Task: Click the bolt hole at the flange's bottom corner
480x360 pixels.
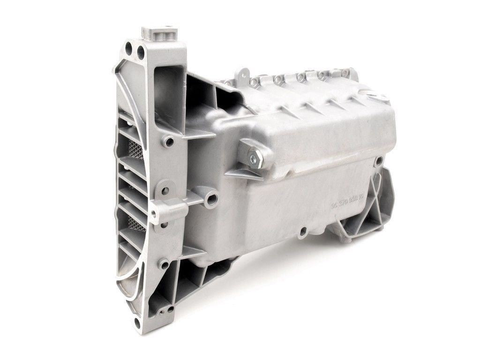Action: [137, 322]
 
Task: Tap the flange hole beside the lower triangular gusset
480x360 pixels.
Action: [165, 264]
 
